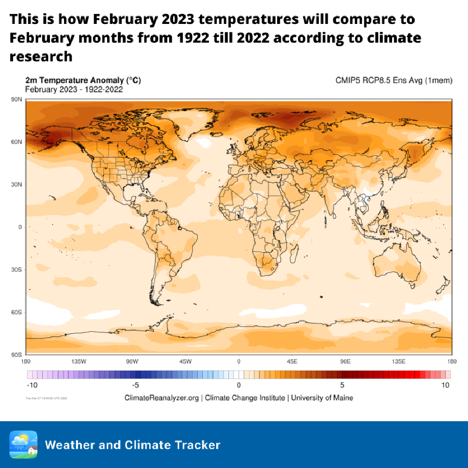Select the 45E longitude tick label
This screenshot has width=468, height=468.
tap(292, 361)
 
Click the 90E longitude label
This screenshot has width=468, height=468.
tap(345, 361)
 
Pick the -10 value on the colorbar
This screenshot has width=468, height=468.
tap(32, 385)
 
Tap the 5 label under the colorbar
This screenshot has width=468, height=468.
tap(342, 385)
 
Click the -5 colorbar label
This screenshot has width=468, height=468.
tap(135, 385)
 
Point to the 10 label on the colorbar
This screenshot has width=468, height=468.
tap(445, 385)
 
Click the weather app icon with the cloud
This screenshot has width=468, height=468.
tap(23, 445)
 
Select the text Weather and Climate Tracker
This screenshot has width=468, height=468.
tap(133, 445)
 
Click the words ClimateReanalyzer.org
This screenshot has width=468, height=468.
tap(162, 398)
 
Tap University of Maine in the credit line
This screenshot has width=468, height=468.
tap(322, 398)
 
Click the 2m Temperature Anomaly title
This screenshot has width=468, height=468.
tap(83, 81)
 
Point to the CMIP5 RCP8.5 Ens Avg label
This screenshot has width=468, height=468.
tap(394, 81)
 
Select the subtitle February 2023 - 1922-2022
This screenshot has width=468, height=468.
tap(74, 89)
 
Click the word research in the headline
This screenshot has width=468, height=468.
tap(41, 56)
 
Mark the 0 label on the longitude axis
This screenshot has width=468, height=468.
tap(239, 361)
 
